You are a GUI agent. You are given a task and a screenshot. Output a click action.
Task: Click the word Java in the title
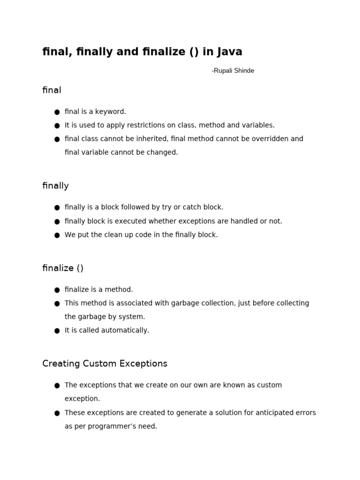coord(230,52)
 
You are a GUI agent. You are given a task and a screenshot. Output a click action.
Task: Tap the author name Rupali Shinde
coord(233,71)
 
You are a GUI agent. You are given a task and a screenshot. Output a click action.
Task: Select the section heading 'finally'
coord(55,186)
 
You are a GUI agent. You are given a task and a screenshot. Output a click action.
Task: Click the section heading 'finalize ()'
coord(63,268)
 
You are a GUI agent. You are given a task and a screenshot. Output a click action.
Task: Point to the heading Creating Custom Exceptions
coord(105,364)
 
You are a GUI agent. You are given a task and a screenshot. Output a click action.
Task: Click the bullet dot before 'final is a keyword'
coord(57,112)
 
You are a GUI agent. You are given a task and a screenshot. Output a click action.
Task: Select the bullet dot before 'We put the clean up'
coord(57,235)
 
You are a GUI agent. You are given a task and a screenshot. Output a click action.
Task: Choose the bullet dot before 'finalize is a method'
coord(57,290)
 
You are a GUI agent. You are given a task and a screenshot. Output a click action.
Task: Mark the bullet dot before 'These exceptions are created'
coord(57,413)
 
